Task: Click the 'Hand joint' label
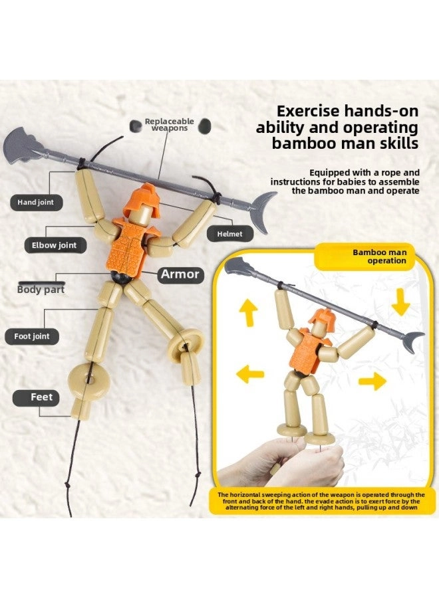35,203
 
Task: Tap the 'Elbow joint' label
54,245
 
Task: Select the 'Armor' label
180,274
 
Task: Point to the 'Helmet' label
229,234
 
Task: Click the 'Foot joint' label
32,336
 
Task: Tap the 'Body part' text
41,290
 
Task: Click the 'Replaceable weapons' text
169,125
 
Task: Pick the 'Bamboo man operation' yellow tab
365,256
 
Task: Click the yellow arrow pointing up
248,312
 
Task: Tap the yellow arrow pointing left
250,374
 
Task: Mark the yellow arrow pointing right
372,381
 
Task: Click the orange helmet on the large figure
142,199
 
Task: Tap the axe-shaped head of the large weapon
20,147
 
